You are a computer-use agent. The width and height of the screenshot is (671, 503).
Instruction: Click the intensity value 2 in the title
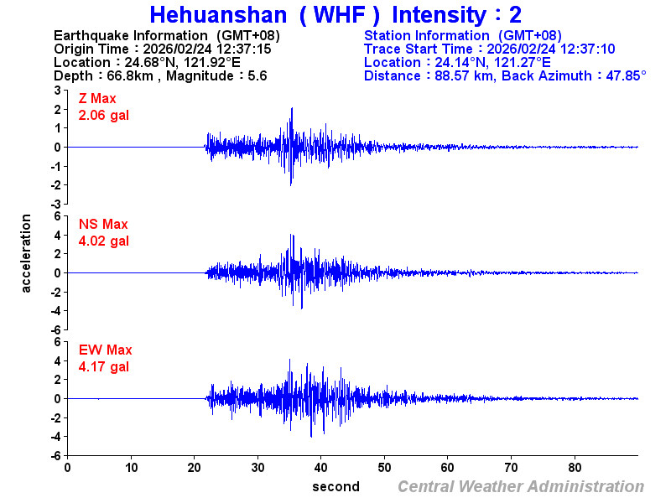(514, 15)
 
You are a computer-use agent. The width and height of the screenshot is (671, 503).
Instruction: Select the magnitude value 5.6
(257, 76)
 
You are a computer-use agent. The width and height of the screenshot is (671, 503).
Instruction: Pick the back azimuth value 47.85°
(621, 76)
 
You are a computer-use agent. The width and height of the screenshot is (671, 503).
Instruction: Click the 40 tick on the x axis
(321, 467)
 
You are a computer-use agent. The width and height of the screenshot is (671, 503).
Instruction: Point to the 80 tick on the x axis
(575, 467)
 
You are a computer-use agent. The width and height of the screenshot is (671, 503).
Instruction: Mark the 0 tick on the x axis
(68, 467)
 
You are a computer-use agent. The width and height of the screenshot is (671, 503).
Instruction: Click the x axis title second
(335, 487)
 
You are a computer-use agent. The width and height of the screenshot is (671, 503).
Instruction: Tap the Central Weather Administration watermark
(521, 487)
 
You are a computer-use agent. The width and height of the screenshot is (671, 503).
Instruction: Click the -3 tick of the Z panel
(56, 204)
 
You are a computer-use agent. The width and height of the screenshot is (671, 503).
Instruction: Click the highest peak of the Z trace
(291, 108)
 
